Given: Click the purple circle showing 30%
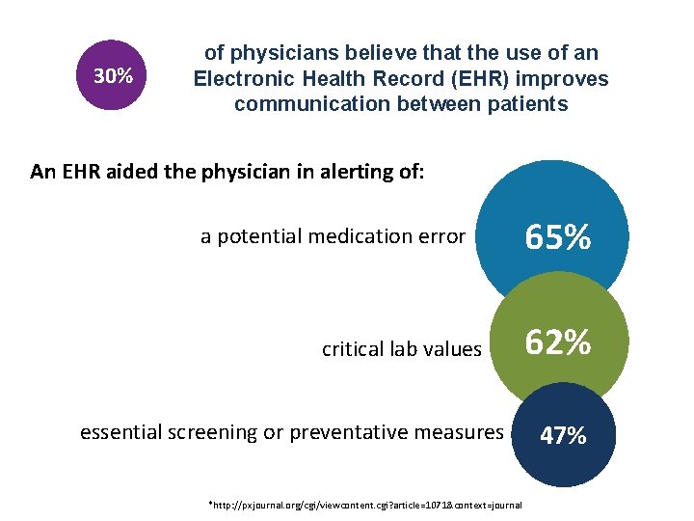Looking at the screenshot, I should pos(114,76).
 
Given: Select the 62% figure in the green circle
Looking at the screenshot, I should pos(557,343).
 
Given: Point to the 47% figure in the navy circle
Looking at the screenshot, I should pos(563,435).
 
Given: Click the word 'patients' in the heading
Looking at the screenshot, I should pos(528,104).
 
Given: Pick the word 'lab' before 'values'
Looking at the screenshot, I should pos(406,348).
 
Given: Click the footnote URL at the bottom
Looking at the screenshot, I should pos(367,505).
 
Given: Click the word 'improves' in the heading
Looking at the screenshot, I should pos(567,79).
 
